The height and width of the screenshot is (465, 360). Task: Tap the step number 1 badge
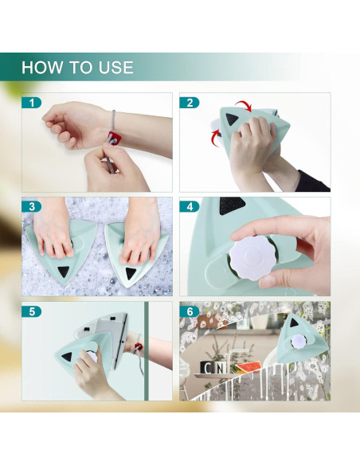[31, 103]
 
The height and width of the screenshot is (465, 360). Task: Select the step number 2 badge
[190, 103]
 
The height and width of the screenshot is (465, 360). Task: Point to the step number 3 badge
[31, 207]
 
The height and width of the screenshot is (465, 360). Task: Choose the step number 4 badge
[190, 207]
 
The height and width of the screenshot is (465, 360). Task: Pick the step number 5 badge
[31, 311]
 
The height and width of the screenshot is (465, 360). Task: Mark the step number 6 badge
[190, 311]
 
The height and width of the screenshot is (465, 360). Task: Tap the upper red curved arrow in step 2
[244, 105]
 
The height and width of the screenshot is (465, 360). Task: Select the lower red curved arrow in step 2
[215, 137]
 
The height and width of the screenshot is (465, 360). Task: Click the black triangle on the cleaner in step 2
[231, 119]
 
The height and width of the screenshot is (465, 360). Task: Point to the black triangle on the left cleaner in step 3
[64, 272]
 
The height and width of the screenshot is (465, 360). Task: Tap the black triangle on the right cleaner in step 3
[131, 273]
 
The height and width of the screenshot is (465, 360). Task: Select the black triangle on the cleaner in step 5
[68, 357]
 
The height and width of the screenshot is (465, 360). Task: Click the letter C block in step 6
[208, 369]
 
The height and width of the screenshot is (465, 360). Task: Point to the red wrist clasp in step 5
[138, 346]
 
